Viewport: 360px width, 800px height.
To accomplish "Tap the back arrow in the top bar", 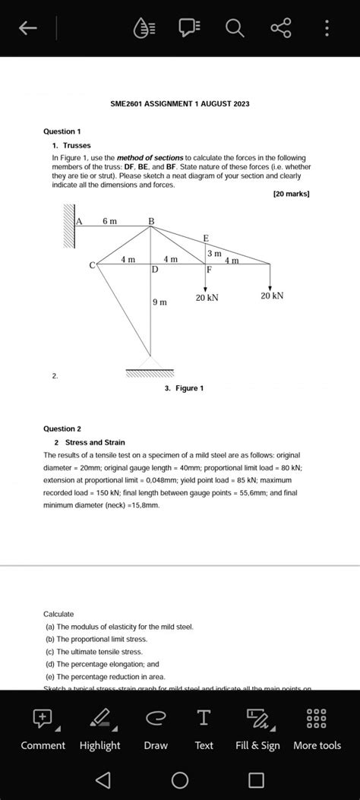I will [x=27, y=29].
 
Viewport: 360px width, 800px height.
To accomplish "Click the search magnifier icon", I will [x=235, y=29].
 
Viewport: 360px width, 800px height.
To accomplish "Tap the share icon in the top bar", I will [x=280, y=29].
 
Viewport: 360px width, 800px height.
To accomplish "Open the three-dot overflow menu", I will [x=327, y=29].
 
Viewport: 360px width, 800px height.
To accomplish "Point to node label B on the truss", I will [x=150, y=221].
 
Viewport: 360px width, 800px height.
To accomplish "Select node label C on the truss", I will [x=92, y=265].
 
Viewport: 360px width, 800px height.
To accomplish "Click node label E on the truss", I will [x=206, y=238].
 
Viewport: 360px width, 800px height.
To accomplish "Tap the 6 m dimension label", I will [x=110, y=220].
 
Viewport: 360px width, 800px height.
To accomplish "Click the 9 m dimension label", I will [x=159, y=302].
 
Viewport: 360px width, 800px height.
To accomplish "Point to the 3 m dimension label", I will [x=214, y=252].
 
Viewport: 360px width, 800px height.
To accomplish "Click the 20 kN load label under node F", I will [x=207, y=298].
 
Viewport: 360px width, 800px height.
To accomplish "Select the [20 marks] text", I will [x=291, y=194].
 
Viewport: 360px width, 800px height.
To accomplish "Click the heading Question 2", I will [x=62, y=428].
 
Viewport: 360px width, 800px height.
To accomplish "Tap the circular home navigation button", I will [x=180, y=780].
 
